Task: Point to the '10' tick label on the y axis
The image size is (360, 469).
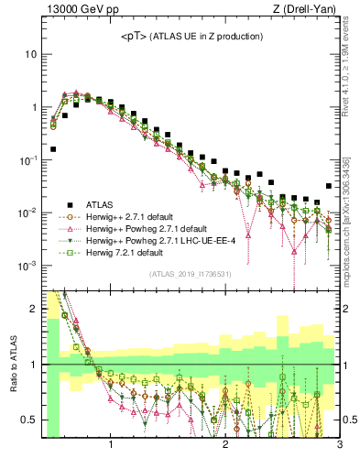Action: [x=30, y=54]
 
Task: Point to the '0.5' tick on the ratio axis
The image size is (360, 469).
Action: [x=28, y=420]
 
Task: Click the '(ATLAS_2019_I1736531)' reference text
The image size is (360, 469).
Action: [x=190, y=274]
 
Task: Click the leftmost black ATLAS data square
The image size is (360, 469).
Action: [x=53, y=148]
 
